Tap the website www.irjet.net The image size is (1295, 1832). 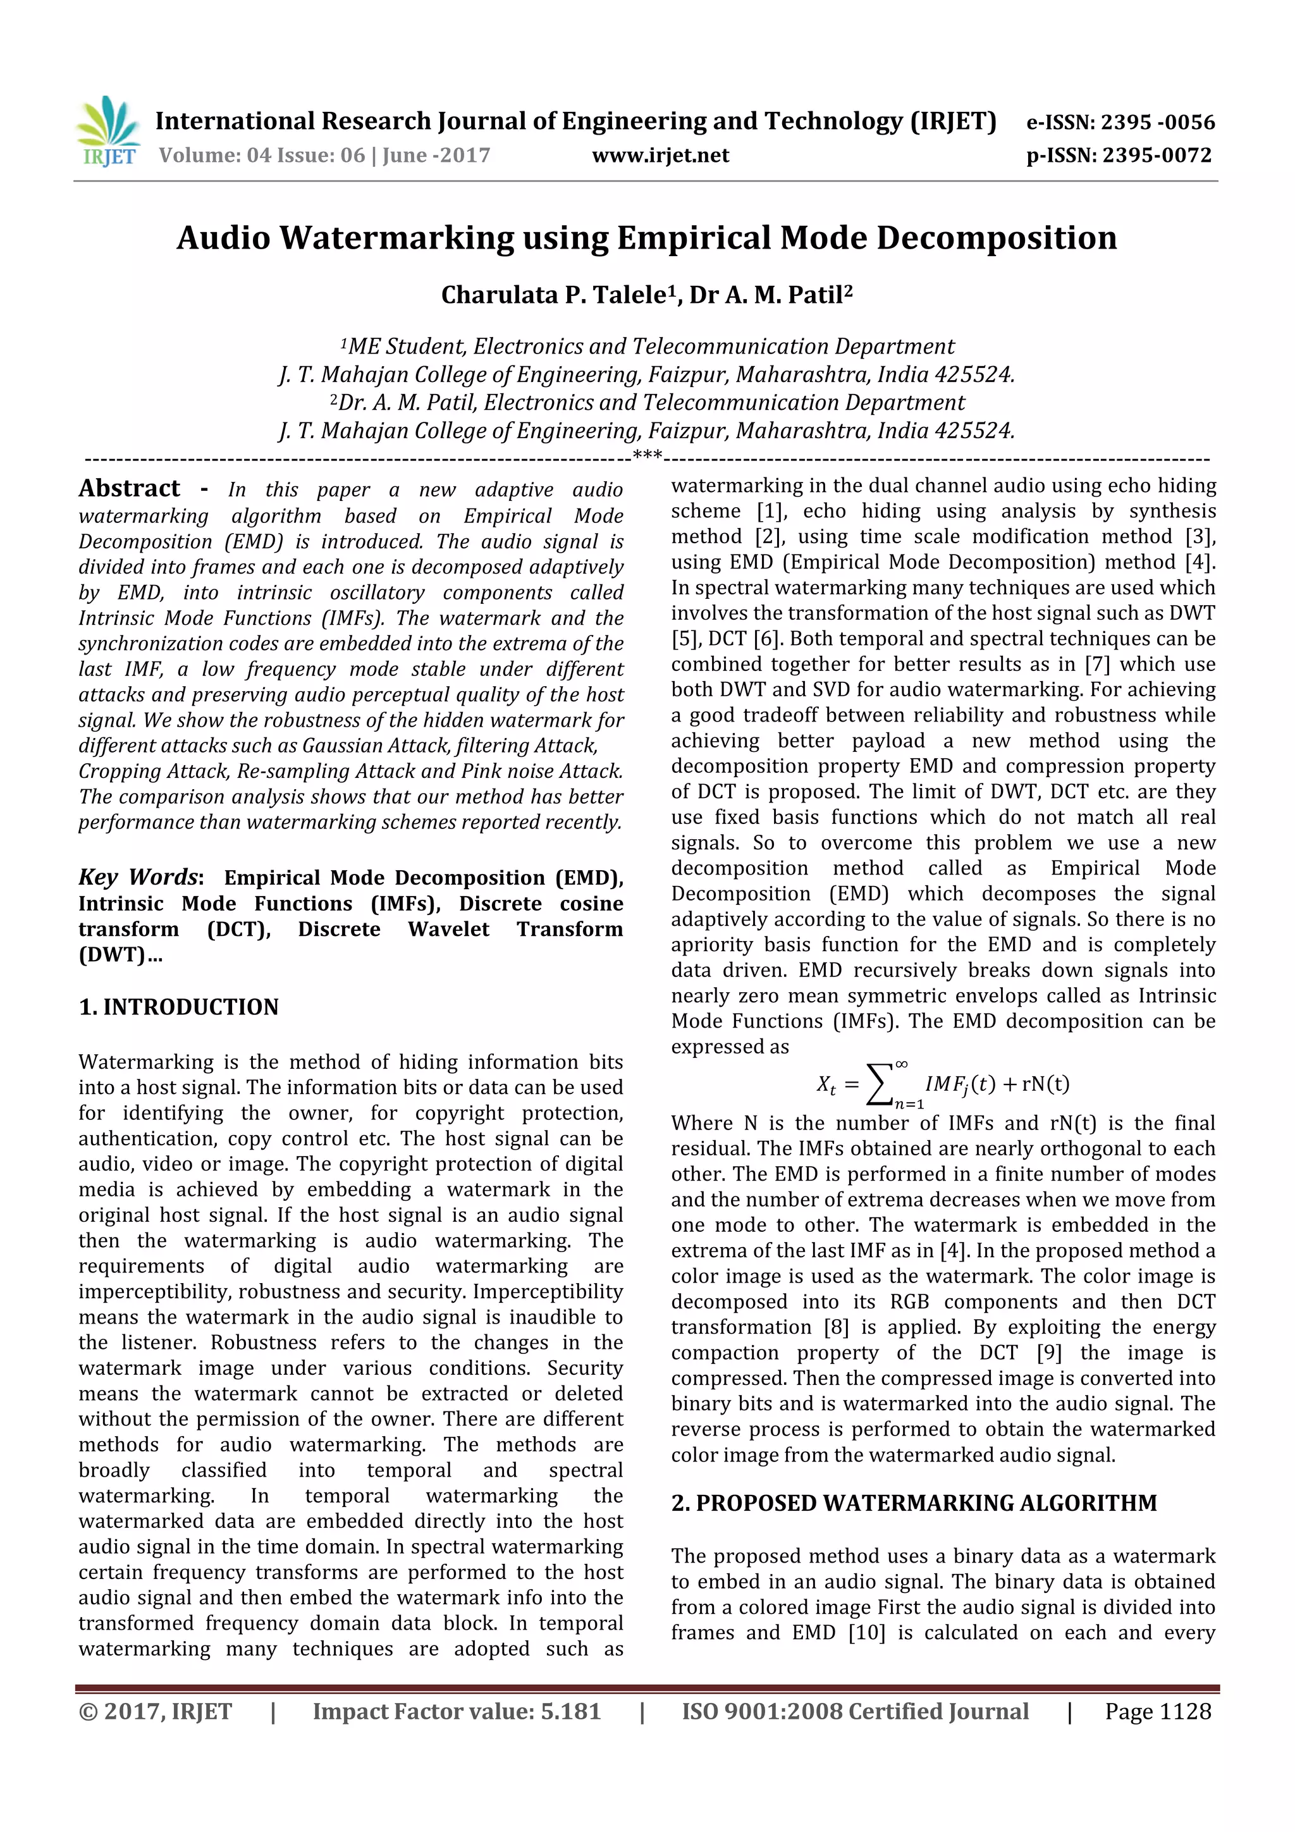660,156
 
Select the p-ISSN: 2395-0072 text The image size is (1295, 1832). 1119,156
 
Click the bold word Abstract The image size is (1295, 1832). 129,488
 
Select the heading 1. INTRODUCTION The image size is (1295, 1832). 179,1007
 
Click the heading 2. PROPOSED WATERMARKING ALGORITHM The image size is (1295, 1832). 914,1503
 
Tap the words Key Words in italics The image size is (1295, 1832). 137,877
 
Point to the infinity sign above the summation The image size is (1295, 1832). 901,1064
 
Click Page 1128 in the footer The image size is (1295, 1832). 1157,1711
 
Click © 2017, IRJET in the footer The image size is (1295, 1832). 155,1711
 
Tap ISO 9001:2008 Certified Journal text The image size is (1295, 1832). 854,1711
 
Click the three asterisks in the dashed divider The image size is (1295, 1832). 646,457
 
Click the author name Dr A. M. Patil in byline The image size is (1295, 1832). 770,295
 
